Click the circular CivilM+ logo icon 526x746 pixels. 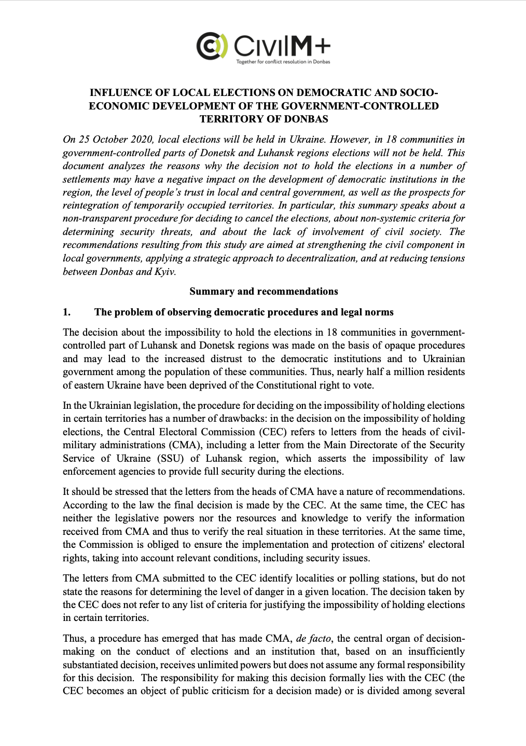click(x=212, y=46)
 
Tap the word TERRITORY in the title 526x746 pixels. click(x=232, y=119)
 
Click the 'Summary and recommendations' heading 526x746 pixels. click(x=264, y=291)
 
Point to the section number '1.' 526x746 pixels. click(x=66, y=312)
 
